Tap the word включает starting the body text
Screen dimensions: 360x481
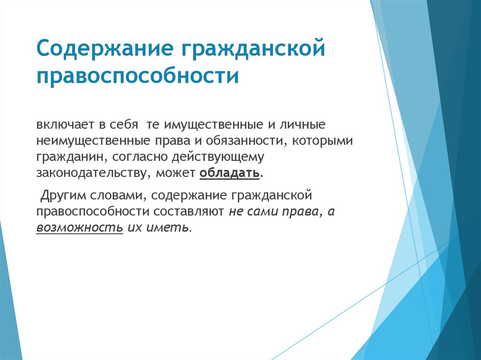(63, 126)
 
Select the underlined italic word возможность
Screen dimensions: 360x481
(80, 228)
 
